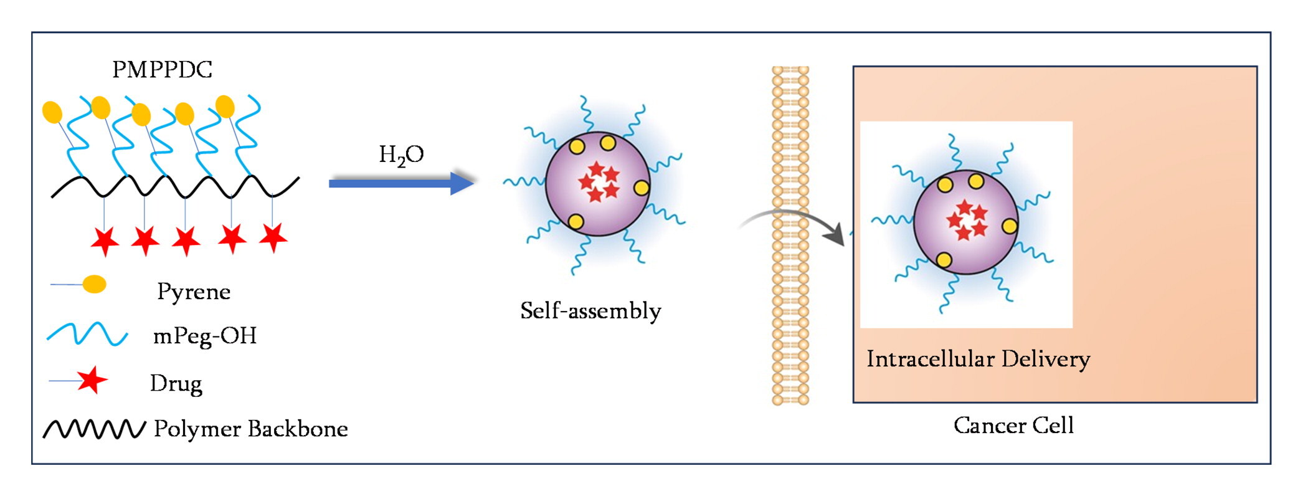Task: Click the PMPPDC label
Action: tap(162, 69)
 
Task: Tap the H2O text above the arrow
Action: tap(401, 155)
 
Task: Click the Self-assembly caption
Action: tap(590, 310)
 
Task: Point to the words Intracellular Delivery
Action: tap(978, 359)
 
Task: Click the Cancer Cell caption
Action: tap(1013, 426)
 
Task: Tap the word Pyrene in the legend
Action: tap(194, 291)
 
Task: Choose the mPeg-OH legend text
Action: tap(204, 336)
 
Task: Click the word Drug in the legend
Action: tap(176, 383)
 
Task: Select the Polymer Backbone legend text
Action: tap(250, 429)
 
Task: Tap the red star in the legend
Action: tap(92, 380)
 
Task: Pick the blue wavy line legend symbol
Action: tap(87, 335)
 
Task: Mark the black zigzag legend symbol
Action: tap(94, 429)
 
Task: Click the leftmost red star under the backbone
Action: tap(105, 241)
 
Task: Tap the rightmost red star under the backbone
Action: tap(273, 237)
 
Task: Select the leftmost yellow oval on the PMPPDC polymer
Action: tap(52, 112)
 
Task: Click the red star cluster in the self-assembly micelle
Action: tap(599, 182)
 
